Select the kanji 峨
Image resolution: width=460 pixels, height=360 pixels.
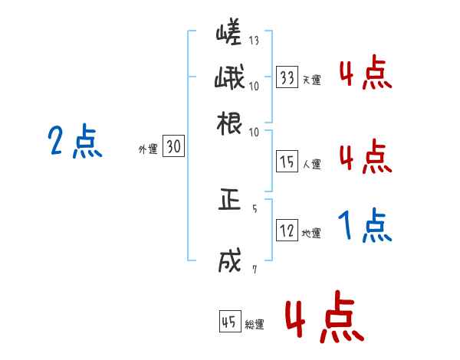228,79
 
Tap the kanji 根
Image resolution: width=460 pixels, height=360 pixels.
228,123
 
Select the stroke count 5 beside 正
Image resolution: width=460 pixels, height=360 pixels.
254,207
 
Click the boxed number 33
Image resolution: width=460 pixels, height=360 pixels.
287,77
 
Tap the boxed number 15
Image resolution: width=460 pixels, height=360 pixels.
287,162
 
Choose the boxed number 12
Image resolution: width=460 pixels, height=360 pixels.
287,231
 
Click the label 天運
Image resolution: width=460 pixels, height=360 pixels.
311,80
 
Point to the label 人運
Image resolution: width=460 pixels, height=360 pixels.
311,164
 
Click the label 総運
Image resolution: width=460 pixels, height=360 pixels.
254,324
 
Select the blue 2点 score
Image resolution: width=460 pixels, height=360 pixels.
74,142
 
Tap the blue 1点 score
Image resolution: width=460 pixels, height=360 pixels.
364,226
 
